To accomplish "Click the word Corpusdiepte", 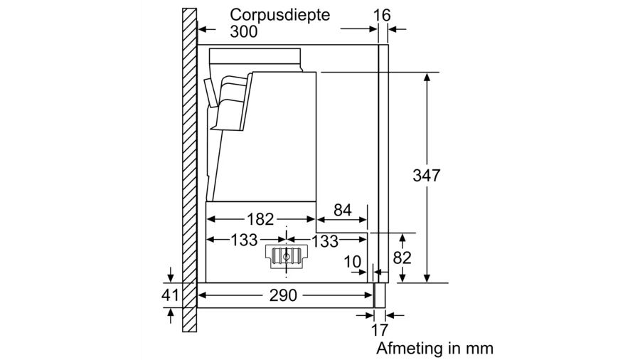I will [280, 15].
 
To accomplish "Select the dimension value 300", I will [244, 32].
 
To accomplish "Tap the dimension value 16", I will [382, 15].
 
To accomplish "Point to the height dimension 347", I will [427, 175].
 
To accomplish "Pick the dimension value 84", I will [342, 210].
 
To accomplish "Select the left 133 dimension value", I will [243, 240].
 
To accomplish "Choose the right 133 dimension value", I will [325, 241].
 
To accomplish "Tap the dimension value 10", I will [353, 261].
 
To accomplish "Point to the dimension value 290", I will [284, 295].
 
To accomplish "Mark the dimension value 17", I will [382, 330].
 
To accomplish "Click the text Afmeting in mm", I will [434, 349].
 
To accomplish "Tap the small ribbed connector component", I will [286, 257].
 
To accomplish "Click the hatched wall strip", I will [189, 171].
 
